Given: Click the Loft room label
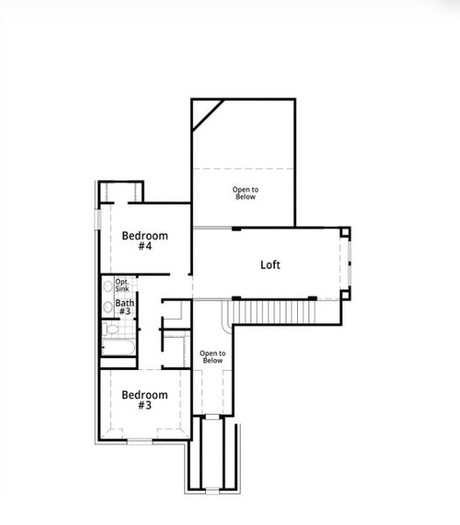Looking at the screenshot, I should pos(270,264).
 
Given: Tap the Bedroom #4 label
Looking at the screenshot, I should pos(145,241).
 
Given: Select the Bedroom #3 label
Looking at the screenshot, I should pos(145,399).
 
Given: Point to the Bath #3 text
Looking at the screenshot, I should pos(124,307).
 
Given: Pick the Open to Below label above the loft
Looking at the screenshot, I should pos(245,192).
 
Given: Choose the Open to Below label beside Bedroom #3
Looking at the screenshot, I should pos(212,356).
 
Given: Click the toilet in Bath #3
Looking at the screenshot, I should pos(110,330).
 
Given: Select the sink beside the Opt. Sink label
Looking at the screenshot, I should pos(108,285).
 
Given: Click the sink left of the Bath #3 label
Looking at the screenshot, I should pos(107,307).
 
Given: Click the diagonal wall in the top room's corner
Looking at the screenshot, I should pos(209,115).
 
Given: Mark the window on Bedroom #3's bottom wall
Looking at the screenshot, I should pos(140,441).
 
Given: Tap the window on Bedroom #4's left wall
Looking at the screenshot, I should pos(99,219).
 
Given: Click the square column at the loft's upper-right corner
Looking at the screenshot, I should pos(345,234).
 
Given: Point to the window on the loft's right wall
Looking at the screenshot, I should pos(349,263).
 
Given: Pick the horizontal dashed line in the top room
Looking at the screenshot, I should pos(244,168).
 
